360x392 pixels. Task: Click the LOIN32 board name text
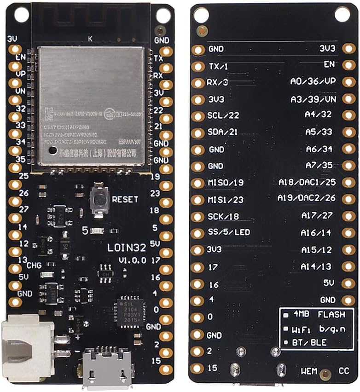point(127,247)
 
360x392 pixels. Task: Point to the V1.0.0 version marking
point(133,260)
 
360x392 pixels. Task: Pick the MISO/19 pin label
point(226,183)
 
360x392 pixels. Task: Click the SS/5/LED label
point(229,232)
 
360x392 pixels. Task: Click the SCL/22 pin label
point(223,115)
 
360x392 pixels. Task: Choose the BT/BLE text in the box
point(313,343)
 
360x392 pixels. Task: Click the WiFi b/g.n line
point(318,329)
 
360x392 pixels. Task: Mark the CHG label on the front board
point(35,265)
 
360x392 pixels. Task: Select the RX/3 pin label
point(218,83)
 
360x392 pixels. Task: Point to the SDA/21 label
point(223,132)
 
